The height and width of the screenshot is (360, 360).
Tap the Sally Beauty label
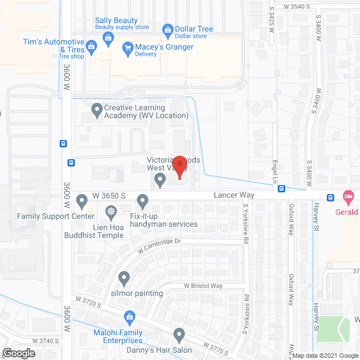point(116,21)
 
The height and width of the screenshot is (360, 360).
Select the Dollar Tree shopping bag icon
point(167,29)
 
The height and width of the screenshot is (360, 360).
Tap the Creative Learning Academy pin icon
point(97,110)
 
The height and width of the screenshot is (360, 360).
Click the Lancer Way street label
point(234,195)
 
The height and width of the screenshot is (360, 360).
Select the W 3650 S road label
point(109,195)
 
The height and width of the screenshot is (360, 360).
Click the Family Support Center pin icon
point(82,200)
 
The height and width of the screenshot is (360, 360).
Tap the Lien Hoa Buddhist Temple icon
point(111,212)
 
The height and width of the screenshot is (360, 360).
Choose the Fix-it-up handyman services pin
point(142,200)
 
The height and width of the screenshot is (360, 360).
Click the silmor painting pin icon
point(124,277)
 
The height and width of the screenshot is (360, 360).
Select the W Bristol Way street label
point(203,286)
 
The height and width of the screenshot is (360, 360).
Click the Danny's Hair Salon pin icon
point(179,336)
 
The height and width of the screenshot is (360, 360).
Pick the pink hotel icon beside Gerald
point(349,198)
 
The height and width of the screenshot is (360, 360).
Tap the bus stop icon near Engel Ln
point(282,189)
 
